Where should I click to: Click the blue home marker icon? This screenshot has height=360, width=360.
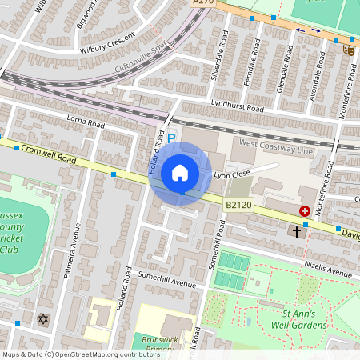click(x=180, y=173)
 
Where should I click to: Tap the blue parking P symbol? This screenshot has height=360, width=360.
click(x=170, y=138)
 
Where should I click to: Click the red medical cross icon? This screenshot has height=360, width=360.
click(x=305, y=211)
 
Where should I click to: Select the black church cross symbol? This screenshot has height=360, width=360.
click(x=297, y=231)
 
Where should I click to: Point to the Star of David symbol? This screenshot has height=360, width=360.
click(x=43, y=319)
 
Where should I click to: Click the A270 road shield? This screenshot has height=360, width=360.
click(x=204, y=4)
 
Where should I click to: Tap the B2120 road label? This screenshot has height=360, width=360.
click(x=238, y=206)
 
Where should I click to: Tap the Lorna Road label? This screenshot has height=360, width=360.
click(x=86, y=125)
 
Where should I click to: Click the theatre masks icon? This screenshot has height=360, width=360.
click(x=348, y=50)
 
